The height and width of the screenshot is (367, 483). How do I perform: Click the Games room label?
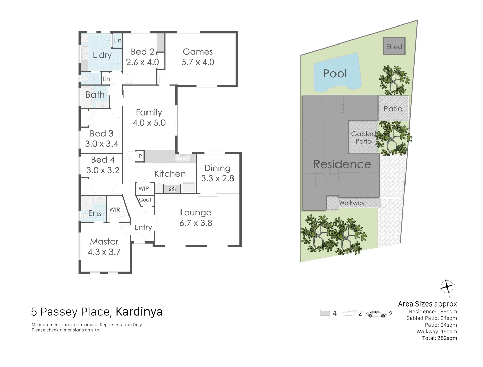click(x=197, y=52)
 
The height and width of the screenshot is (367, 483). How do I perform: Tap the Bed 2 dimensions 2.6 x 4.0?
click(x=142, y=62)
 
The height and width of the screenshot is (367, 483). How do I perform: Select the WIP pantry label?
click(x=143, y=189)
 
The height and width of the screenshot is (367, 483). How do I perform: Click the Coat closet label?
click(x=145, y=200)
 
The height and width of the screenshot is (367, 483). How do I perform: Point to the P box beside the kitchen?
click(x=140, y=156)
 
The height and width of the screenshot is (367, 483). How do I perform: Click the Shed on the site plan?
click(x=394, y=47)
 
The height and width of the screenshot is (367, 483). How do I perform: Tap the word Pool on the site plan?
click(x=334, y=74)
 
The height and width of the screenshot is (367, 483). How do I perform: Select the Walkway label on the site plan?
click(x=351, y=203)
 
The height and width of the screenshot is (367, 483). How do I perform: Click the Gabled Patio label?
click(x=363, y=138)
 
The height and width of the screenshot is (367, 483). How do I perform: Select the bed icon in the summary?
click(x=325, y=313)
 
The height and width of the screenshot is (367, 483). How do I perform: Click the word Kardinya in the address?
click(x=139, y=312)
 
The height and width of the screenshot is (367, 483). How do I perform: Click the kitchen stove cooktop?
click(x=172, y=188)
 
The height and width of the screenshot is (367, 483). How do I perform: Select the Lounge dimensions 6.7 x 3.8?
click(x=196, y=223)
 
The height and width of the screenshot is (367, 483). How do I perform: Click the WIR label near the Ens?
click(x=115, y=210)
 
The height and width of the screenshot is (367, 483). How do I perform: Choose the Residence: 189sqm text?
click(x=433, y=311)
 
